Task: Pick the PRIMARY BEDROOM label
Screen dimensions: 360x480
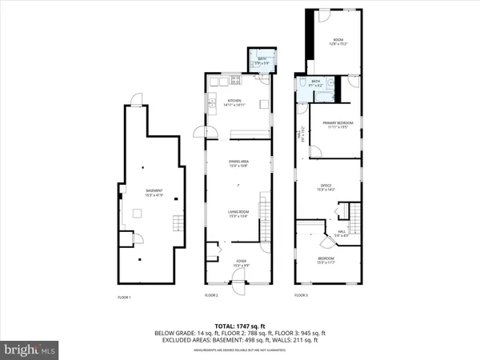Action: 337,124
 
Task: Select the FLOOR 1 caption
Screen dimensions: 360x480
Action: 124,298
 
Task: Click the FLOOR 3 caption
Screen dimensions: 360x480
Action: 301,295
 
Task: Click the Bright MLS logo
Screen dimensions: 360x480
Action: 30,350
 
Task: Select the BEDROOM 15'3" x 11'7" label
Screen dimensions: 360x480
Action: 326,261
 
